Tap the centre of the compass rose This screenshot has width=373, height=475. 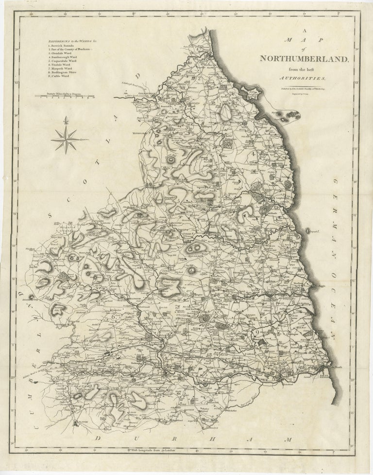point(66,139)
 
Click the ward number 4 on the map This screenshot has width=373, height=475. point(253,154)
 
